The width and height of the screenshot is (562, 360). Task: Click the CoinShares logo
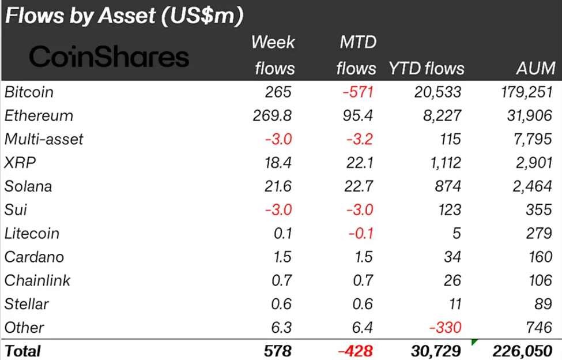pyautogui.click(x=108, y=57)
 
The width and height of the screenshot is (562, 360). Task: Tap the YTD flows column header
pyautogui.click(x=426, y=69)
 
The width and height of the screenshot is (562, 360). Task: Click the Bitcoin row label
pyautogui.click(x=29, y=92)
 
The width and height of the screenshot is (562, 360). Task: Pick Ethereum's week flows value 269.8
pyautogui.click(x=272, y=115)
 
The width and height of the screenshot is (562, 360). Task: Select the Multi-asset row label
pyautogui.click(x=44, y=139)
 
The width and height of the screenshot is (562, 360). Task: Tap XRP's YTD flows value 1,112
pyautogui.click(x=444, y=163)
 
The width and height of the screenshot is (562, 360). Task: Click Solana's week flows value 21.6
pyautogui.click(x=279, y=186)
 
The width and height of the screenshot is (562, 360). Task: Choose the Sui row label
pyautogui.click(x=15, y=210)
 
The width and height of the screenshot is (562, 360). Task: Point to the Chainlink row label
pyautogui.click(x=37, y=281)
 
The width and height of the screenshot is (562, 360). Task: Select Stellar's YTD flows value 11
pyautogui.click(x=453, y=304)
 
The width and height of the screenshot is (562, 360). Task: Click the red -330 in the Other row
pyautogui.click(x=445, y=328)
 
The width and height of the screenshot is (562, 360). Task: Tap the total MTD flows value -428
pyautogui.click(x=354, y=350)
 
